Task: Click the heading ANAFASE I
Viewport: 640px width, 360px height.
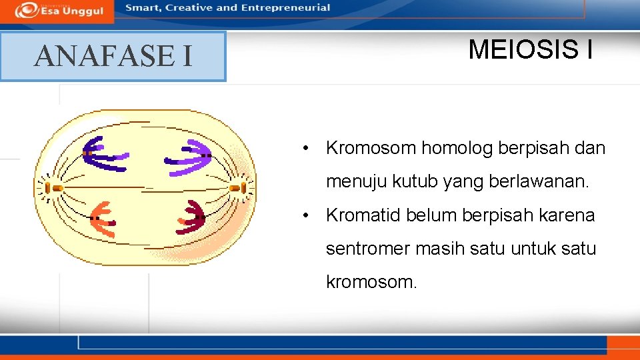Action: point(113,56)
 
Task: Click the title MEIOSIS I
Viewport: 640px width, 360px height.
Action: point(530,49)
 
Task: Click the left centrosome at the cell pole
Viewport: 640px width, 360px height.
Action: point(56,189)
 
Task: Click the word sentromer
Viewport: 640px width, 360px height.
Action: point(368,249)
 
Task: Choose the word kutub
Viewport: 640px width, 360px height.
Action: point(421,181)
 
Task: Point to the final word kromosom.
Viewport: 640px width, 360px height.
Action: point(371,282)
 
